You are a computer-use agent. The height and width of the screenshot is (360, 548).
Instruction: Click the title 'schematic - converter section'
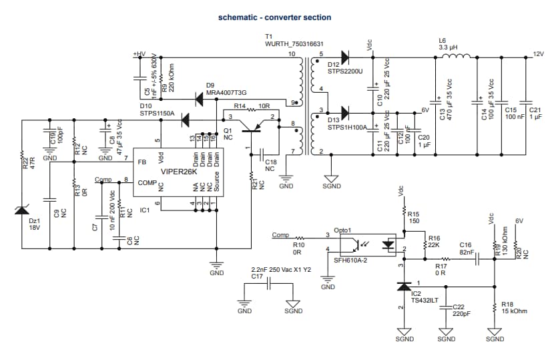[274, 17]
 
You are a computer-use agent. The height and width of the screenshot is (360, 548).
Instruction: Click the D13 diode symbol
[345, 111]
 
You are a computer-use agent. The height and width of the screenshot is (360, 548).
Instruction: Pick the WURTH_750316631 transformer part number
[294, 43]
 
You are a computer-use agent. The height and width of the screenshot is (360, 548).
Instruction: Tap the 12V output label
[538, 54]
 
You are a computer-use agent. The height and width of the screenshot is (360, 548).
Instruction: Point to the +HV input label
[140, 54]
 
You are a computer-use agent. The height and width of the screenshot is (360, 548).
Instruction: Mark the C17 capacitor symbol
[268, 284]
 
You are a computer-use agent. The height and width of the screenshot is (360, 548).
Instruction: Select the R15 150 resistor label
[413, 216]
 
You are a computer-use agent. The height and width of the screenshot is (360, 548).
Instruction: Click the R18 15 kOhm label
[513, 307]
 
